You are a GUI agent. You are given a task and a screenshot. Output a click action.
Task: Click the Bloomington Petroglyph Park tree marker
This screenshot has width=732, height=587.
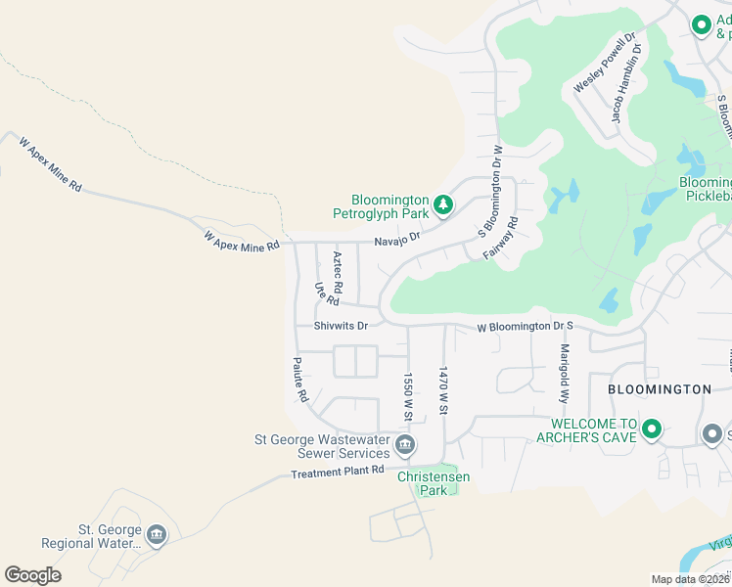point(444,203)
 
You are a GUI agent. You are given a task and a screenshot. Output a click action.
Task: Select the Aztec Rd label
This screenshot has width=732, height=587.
point(338,273)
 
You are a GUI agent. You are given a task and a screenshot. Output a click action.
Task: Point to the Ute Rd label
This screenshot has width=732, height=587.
point(319,293)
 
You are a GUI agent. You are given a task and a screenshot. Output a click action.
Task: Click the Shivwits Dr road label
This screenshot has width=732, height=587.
point(341,326)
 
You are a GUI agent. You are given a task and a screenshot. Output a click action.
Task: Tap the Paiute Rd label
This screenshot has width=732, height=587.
point(300,380)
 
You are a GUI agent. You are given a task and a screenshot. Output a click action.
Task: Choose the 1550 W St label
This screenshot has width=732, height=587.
point(408,396)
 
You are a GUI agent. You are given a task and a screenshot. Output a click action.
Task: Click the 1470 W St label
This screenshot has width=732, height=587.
point(443,391)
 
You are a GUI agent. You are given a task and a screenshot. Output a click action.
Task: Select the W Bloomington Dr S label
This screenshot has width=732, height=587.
point(524,328)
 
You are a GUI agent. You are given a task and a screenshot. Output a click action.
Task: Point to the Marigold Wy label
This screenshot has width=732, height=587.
point(565,375)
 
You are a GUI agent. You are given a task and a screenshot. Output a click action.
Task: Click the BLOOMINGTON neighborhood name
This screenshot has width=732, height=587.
point(659,389)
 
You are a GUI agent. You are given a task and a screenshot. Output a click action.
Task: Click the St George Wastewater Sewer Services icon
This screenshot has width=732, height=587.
point(405,446)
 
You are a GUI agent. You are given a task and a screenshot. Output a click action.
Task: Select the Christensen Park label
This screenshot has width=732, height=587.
point(434,483)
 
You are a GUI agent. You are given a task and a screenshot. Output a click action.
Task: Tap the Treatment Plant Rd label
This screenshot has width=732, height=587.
point(338,473)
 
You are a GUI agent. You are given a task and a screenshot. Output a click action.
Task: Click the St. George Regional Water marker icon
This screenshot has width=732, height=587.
point(157,535)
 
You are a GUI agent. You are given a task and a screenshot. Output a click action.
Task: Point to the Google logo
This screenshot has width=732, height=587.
point(32,574)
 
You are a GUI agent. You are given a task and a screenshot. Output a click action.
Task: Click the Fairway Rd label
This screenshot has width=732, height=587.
point(500,238)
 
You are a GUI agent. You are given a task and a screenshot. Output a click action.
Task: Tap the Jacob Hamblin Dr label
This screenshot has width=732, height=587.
point(626,82)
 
